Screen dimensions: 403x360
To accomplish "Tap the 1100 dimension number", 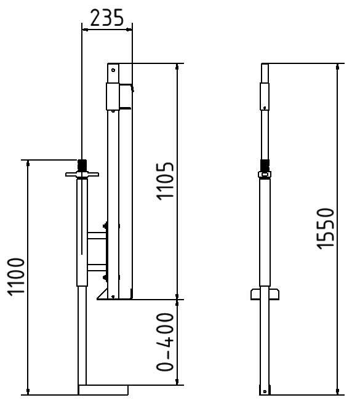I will (x=16, y=277).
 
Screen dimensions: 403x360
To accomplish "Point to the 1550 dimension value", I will (x=326, y=228).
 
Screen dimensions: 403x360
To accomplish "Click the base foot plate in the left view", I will (x=103, y=389).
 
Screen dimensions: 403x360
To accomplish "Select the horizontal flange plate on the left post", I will (x=81, y=175).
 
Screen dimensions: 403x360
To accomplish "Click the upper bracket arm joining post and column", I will (x=97, y=235).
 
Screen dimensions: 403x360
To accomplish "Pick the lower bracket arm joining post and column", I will (x=97, y=267).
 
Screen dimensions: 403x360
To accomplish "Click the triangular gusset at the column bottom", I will (x=102, y=293).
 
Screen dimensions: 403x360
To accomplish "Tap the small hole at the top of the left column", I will (x=112, y=70).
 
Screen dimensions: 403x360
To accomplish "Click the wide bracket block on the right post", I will (x=265, y=293).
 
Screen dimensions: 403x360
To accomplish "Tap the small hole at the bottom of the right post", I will (x=265, y=390).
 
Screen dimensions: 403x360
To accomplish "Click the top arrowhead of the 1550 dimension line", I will (x=337, y=66).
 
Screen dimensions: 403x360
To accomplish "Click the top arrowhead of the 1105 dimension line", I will (x=177, y=66).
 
